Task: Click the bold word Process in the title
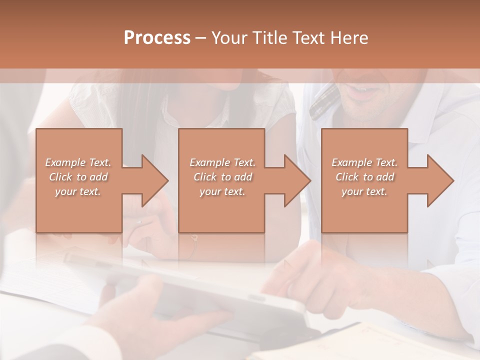pyautogui.click(x=157, y=38)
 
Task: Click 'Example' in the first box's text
pyautogui.click(x=65, y=162)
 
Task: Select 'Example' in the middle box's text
pyautogui.click(x=209, y=162)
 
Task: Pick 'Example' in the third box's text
pyautogui.click(x=351, y=162)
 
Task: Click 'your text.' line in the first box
pyautogui.click(x=78, y=191)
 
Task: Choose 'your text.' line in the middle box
pyautogui.click(x=222, y=191)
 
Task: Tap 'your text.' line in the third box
pyautogui.click(x=364, y=191)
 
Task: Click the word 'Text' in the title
pyautogui.click(x=306, y=38)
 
